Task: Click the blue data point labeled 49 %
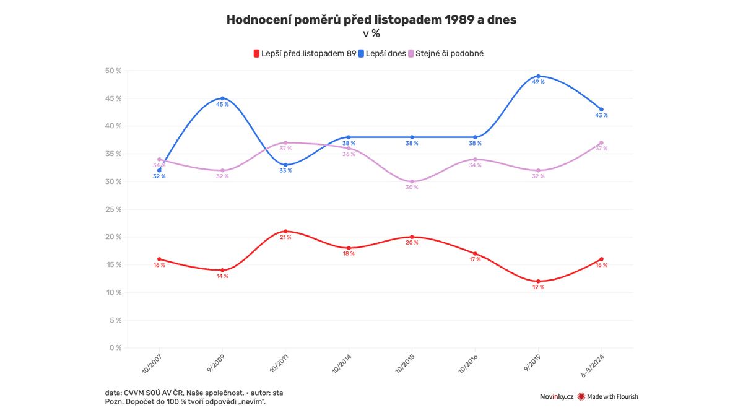tap(538, 76)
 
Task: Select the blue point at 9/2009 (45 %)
tap(222, 98)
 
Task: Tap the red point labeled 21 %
tap(285, 231)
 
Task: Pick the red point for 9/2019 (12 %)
tap(538, 281)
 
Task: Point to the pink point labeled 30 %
tap(412, 181)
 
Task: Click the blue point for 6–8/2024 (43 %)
tap(601, 110)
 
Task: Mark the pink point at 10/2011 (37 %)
tap(285, 142)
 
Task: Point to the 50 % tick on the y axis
tap(113, 71)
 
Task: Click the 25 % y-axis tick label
tap(113, 209)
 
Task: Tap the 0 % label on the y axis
tap(115, 347)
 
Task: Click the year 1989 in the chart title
tap(462, 20)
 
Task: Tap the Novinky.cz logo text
tap(556, 396)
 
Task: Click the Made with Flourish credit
tap(612, 396)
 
